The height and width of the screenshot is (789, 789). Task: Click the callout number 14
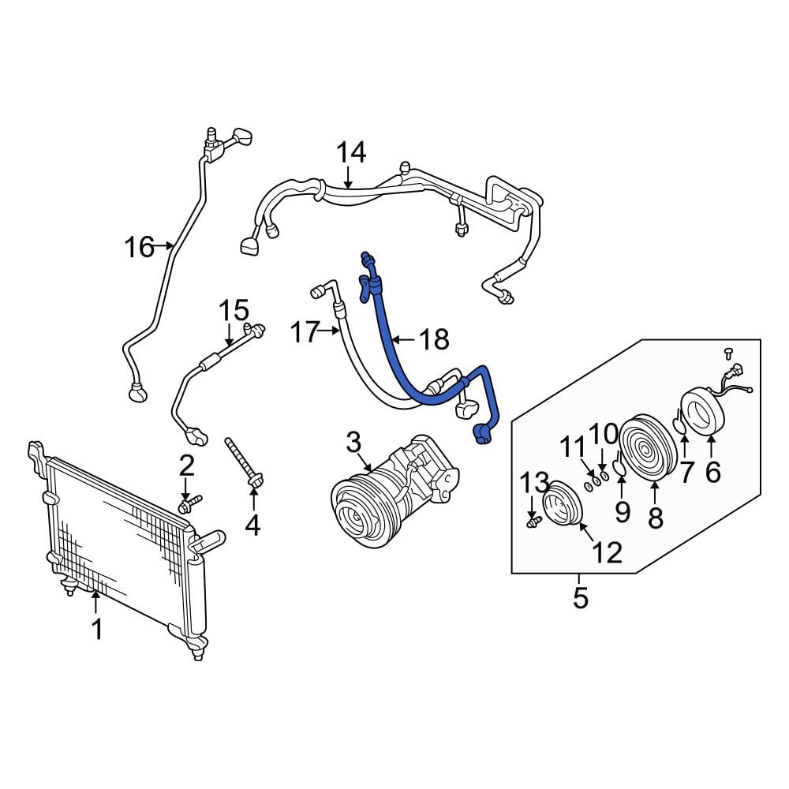point(351,152)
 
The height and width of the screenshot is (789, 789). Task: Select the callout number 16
point(139,247)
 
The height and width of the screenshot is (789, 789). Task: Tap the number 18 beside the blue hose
point(434,339)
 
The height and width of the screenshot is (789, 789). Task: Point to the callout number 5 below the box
point(580,598)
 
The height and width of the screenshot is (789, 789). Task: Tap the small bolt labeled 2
point(190,503)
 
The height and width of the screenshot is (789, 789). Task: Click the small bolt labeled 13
point(533,523)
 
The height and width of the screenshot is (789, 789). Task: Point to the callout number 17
point(305,332)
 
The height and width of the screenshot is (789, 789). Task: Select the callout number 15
point(234,310)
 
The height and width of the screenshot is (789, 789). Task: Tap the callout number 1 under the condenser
point(96,630)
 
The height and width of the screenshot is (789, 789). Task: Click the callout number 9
point(623,512)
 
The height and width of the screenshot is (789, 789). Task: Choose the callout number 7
point(687,472)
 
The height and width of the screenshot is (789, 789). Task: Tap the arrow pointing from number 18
point(405,340)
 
